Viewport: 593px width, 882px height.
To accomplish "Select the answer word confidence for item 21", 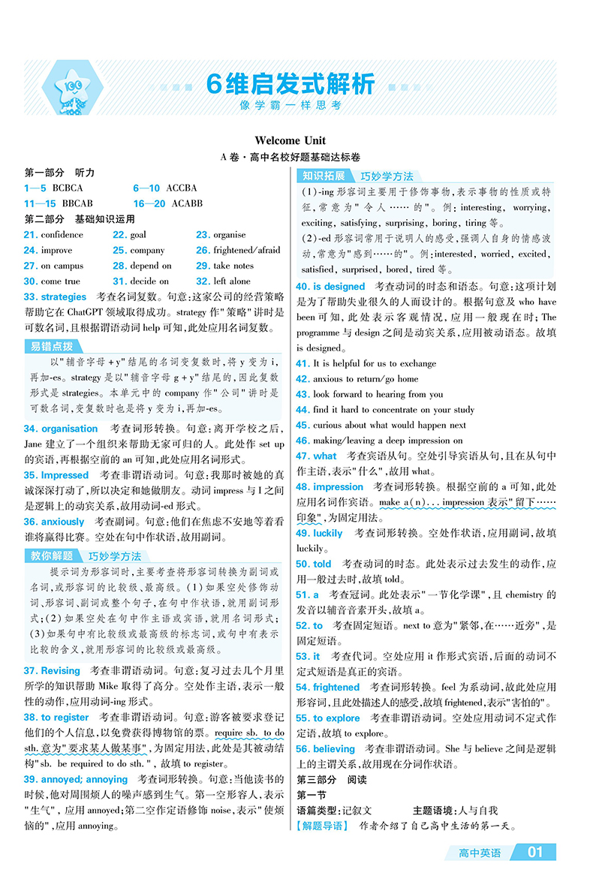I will (x=62, y=234).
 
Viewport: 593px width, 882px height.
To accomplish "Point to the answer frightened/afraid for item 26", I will (x=246, y=250).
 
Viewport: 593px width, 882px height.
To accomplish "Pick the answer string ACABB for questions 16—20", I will (x=187, y=203).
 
